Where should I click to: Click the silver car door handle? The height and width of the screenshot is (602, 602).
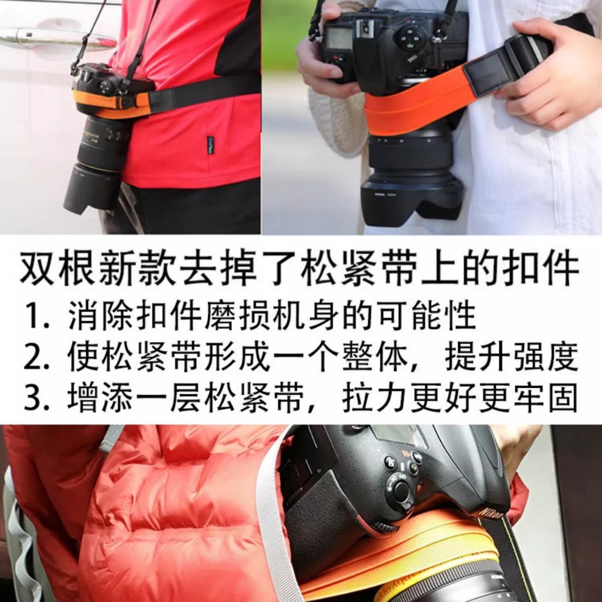58,38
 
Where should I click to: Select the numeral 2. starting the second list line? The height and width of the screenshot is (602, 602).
37,358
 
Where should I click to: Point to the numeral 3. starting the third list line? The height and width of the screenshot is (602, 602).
37,398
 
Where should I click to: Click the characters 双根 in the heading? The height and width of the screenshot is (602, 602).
57,267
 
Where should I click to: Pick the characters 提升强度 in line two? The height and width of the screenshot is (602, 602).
512,357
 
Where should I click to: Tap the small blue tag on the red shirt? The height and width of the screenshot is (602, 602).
210,145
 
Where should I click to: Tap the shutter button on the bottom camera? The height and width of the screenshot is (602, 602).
402,491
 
